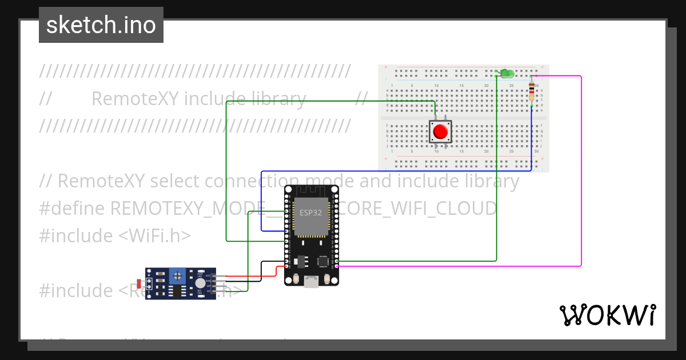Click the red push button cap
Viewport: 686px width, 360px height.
click(x=440, y=132)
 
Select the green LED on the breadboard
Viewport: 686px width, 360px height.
click(x=506, y=74)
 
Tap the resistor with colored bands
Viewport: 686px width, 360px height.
click(x=532, y=90)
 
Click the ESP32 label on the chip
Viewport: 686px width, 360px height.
click(x=311, y=213)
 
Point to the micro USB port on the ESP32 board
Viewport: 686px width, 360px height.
click(x=311, y=281)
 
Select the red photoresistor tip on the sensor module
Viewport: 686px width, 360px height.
click(x=139, y=283)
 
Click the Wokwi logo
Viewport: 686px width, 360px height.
click(x=607, y=315)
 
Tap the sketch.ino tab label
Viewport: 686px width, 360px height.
click(x=101, y=25)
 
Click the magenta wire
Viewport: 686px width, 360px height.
click(x=581, y=171)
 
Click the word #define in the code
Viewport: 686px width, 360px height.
click(x=72, y=209)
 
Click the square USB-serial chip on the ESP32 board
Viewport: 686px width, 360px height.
click(x=324, y=261)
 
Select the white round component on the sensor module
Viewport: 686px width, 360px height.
click(x=200, y=283)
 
